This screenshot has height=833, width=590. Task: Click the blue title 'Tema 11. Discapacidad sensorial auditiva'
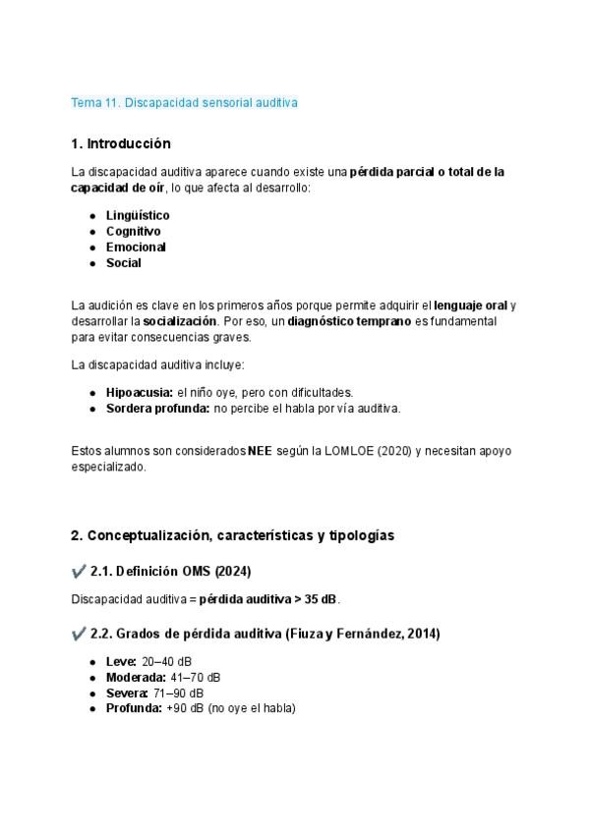tap(184, 102)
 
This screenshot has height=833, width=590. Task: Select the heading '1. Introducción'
tap(121, 143)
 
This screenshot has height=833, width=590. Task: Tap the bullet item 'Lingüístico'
tap(138, 215)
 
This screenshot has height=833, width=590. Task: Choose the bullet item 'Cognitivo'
tap(134, 231)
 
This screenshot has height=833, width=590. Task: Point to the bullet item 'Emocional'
tap(136, 247)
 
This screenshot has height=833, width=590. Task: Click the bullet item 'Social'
tap(124, 263)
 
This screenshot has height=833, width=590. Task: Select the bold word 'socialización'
tap(180, 321)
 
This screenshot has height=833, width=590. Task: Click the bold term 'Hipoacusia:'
tap(140, 392)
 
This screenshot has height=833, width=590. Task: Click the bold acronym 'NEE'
tap(260, 451)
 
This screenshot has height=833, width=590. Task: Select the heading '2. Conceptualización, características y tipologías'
tap(233, 535)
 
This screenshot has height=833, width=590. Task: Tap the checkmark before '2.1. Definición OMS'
tap(79, 571)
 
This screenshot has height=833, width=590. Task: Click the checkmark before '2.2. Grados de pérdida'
tap(79, 635)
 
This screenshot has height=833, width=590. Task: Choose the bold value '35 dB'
tap(322, 599)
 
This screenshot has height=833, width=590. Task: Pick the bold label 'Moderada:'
tap(135, 678)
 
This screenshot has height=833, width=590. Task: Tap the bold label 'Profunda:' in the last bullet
tap(135, 709)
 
